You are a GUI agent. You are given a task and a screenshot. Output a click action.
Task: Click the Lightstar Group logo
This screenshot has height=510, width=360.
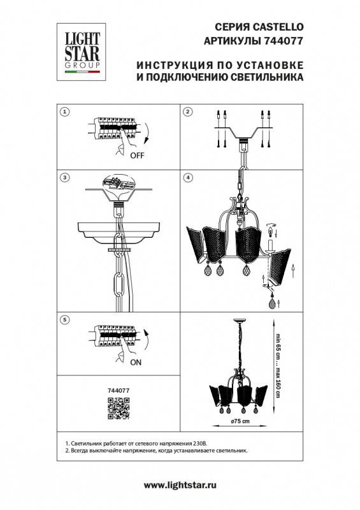point(81,47)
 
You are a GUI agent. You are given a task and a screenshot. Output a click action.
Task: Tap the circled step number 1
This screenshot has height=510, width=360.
point(63,112)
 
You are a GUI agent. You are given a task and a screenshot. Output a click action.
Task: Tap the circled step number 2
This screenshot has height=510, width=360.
point(187,112)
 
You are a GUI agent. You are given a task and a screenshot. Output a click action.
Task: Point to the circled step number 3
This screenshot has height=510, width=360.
point(63,176)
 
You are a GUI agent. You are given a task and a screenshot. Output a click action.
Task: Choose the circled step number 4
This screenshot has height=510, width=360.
point(187,176)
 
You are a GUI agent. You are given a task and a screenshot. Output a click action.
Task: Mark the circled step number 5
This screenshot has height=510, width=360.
point(63,318)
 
